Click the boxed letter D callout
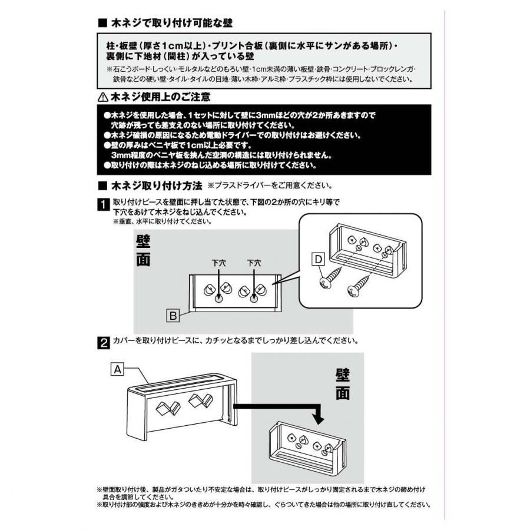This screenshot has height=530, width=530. (x=318, y=260)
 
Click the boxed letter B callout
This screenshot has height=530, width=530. (x=173, y=316)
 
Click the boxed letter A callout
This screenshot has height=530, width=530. (x=117, y=369)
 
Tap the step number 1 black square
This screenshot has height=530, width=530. (x=104, y=205)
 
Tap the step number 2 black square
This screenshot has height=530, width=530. (x=104, y=343)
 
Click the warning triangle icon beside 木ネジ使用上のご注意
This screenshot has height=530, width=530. (x=102, y=98)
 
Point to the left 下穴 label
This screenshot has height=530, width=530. (x=218, y=263)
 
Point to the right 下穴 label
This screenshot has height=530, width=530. (x=254, y=263)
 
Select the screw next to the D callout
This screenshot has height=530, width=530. (x=331, y=277)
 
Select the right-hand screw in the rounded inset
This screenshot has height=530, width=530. (x=360, y=286)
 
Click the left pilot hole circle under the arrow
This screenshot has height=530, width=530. (x=218, y=300)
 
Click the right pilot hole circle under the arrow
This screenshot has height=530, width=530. (x=254, y=300)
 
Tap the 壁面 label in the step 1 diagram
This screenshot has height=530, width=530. (x=143, y=251)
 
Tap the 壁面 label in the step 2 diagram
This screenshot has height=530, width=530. (x=342, y=385)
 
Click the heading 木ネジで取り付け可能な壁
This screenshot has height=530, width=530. (x=172, y=23)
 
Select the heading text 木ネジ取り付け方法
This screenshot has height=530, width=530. (x=157, y=185)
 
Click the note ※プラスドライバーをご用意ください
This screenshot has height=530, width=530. (x=270, y=185)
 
